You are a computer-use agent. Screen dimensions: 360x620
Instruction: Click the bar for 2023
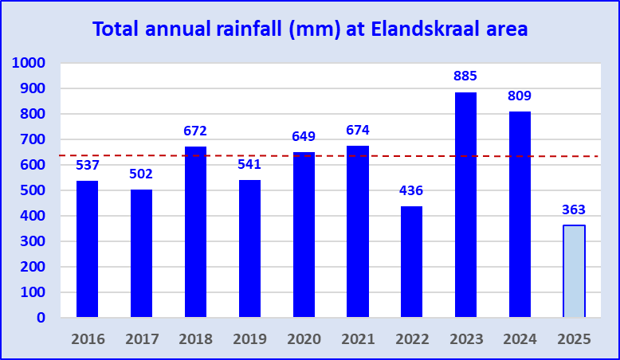pos(465,205)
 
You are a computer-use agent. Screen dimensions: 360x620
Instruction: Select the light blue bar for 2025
pos(574,271)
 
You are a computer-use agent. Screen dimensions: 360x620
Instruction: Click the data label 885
pos(465,76)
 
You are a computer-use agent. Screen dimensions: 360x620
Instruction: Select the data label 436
pos(411,190)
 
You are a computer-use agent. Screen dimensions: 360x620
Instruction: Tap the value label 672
pos(195,131)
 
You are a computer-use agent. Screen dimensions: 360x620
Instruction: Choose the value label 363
pos(574,209)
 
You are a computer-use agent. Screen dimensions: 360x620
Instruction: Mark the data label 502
pos(141,174)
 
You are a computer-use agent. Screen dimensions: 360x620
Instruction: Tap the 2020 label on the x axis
pos(304,338)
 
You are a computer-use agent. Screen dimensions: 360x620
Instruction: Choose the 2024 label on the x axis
pos(520,338)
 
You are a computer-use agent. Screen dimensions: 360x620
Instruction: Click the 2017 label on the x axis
pos(141,338)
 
